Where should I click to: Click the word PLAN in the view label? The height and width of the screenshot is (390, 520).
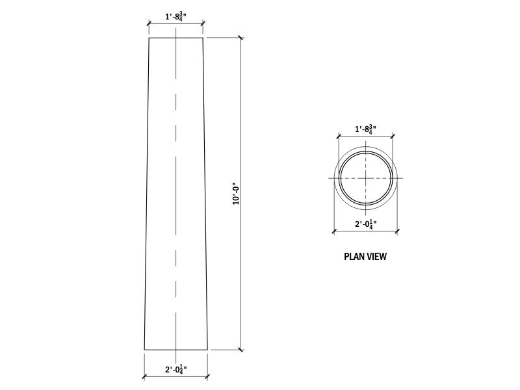354,257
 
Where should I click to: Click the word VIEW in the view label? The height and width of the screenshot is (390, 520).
376,257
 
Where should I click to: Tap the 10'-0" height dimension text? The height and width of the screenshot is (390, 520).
236,193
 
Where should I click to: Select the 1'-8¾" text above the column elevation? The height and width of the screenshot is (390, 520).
175,16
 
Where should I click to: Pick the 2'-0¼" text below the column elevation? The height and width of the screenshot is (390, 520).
175,369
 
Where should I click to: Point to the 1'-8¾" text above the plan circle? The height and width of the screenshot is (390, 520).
365,129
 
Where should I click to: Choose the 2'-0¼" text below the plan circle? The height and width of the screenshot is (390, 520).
365,224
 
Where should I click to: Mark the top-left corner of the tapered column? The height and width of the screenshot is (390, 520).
149,38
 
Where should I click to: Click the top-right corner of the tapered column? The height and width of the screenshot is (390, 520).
203,38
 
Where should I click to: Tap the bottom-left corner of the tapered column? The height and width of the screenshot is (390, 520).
144,350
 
